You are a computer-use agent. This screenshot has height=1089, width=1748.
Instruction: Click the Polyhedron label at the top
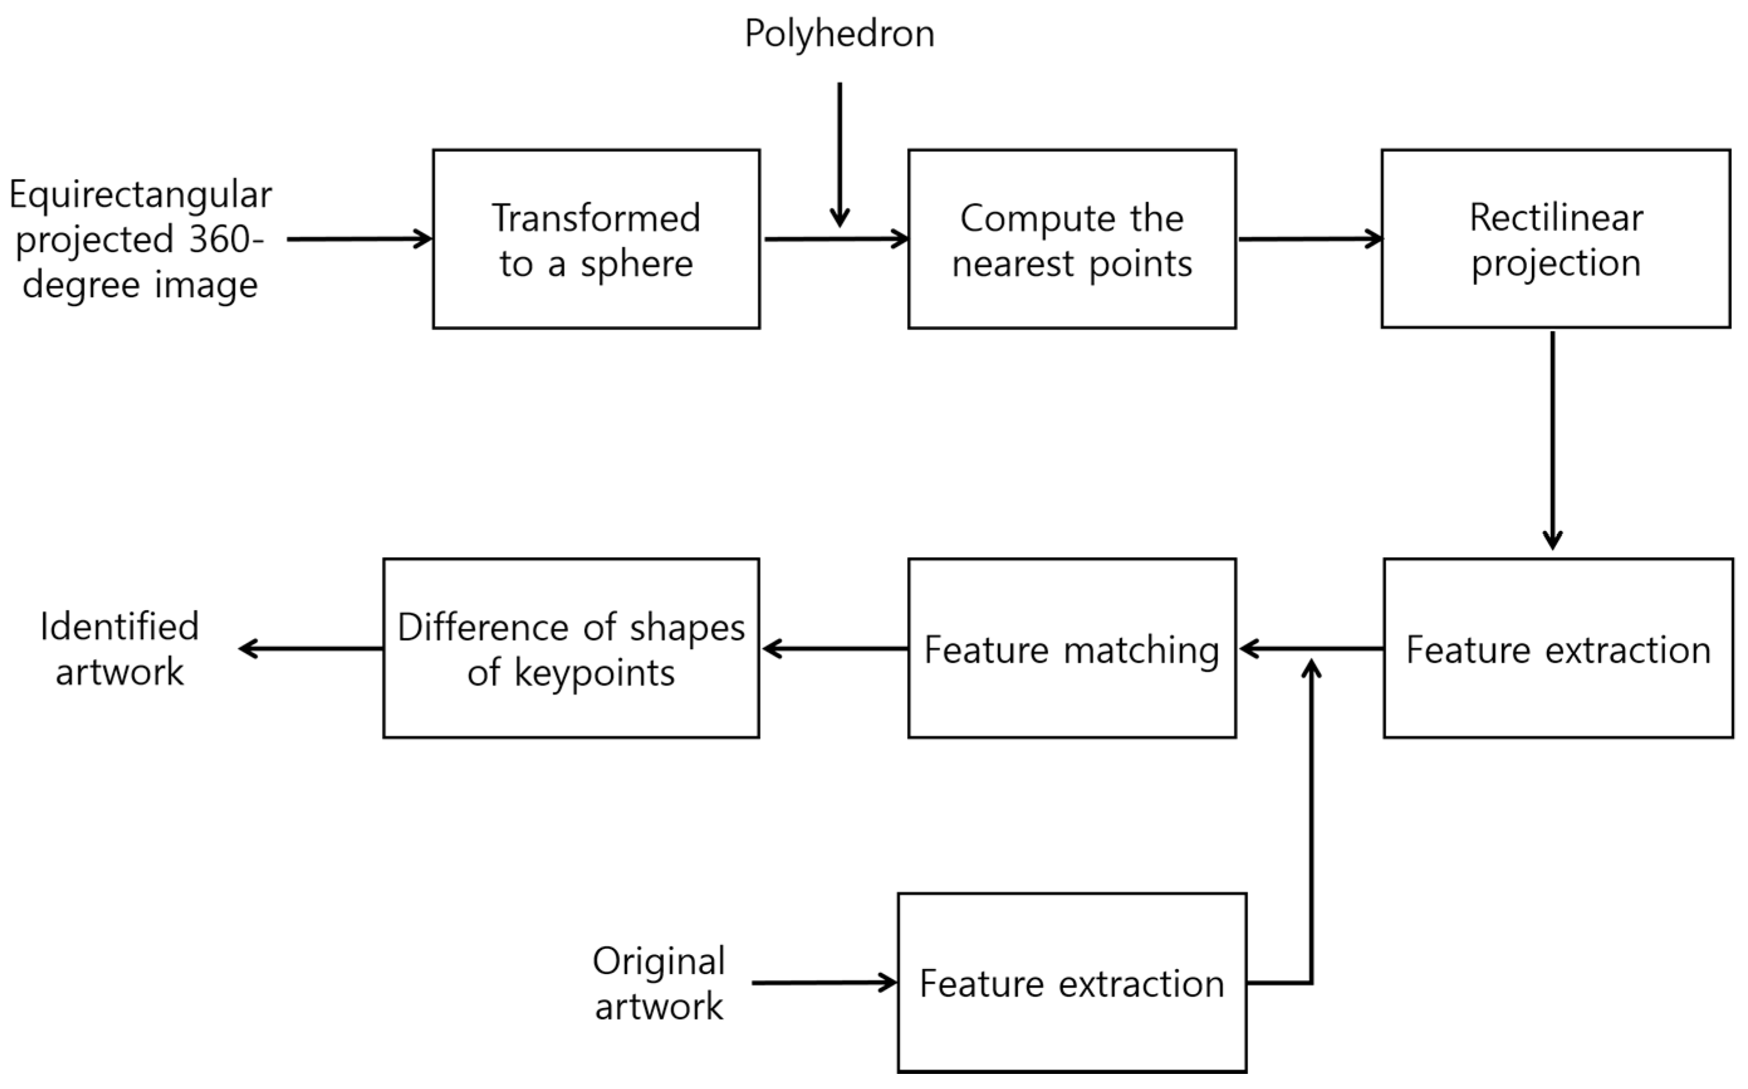coord(839,34)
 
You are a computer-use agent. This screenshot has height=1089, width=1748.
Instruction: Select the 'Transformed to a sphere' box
coord(596,239)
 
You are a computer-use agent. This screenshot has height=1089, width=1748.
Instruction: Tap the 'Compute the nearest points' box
coord(1072,239)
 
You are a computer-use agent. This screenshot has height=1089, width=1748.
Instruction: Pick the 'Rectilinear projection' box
coord(1556,239)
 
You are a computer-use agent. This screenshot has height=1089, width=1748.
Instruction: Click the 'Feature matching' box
coord(1072,648)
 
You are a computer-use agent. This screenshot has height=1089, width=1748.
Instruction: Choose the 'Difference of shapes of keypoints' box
coord(571,648)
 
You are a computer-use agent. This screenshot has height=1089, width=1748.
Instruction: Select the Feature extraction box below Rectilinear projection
coord(1558,648)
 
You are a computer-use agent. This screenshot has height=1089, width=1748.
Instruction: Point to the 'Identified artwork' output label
coord(119,648)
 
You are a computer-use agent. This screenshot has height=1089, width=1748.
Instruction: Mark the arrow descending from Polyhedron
coord(839,155)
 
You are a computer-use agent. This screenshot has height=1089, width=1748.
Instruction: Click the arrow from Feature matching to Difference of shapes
coord(835,649)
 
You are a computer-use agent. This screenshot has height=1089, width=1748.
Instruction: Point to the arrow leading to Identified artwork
coord(311,649)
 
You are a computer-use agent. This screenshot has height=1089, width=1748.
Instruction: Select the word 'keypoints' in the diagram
coord(594,674)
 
